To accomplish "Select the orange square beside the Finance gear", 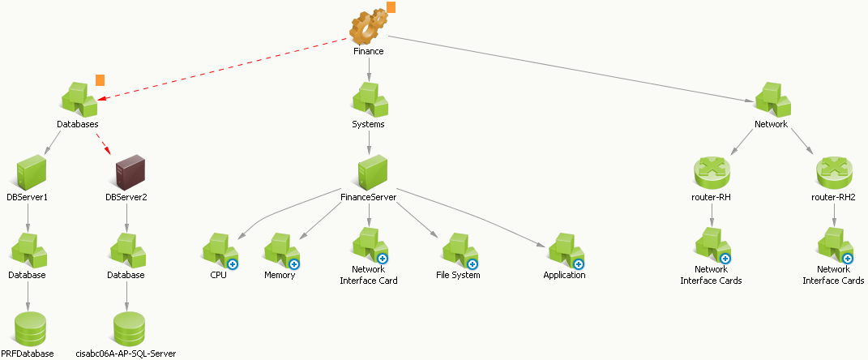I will coord(391,7).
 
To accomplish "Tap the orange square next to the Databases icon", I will coord(100,80).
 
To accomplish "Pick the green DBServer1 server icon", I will coord(31,173).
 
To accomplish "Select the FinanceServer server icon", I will coord(370,173).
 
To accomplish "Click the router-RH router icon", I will coord(712,173).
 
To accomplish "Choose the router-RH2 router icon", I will coord(833,173).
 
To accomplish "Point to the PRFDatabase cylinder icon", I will coord(31,328).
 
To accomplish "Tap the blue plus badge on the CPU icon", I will coord(233,264).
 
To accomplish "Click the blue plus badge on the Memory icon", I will coord(294,264).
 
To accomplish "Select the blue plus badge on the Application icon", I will coord(579,264).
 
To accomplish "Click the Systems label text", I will coord(368,125).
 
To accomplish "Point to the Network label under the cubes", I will coord(772,125).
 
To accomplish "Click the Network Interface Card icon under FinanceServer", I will coord(369,245).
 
